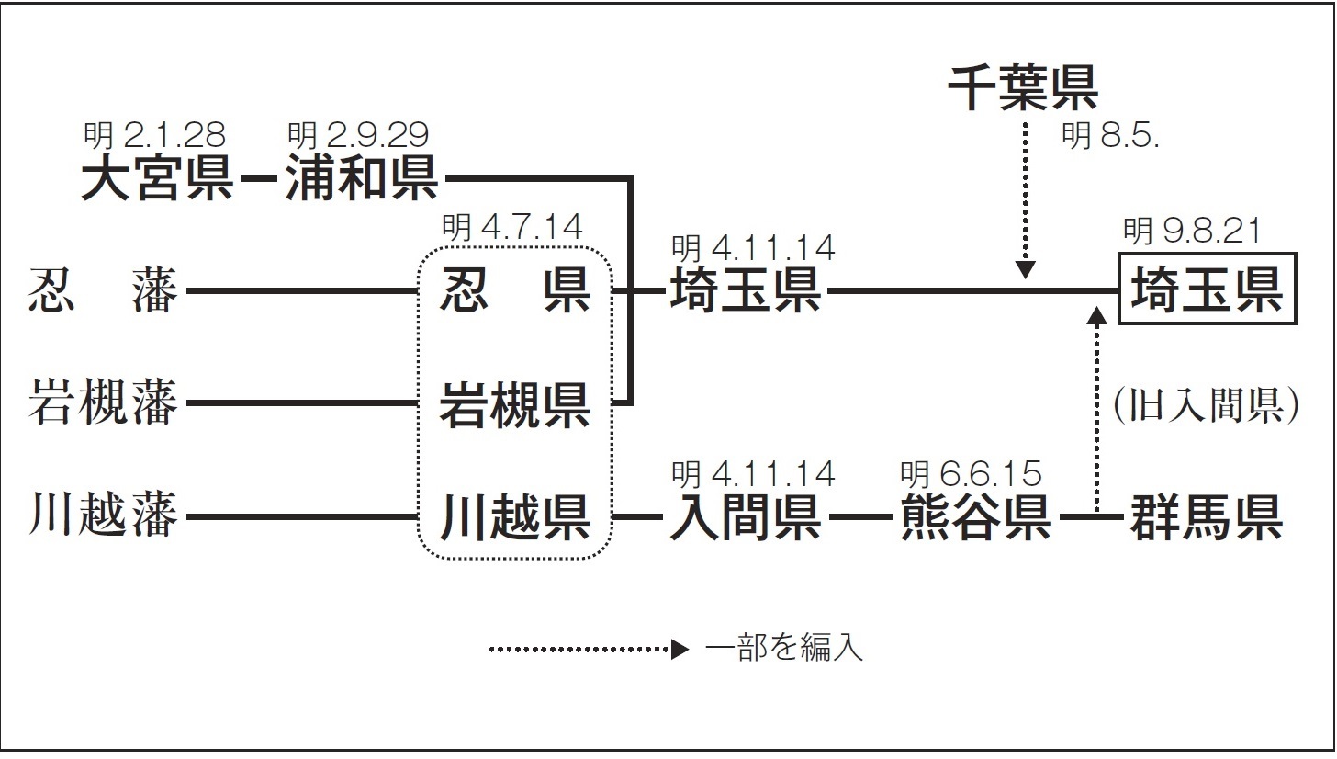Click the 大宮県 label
(x=156, y=178)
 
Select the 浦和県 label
(x=362, y=178)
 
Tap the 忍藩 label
(x=103, y=290)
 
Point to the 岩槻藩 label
(x=103, y=402)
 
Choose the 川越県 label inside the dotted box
(x=515, y=516)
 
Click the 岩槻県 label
(x=515, y=405)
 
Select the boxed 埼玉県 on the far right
(x=1207, y=289)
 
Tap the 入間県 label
(x=745, y=516)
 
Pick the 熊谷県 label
(x=975, y=516)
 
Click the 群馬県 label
(x=1207, y=516)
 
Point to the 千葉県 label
(x=1023, y=88)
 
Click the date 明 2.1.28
(x=154, y=135)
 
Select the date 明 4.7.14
(x=512, y=227)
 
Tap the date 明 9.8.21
(x=1192, y=231)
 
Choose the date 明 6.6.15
(x=972, y=474)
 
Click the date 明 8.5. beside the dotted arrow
(x=1111, y=135)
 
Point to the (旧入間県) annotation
(x=1207, y=405)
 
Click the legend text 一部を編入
(x=783, y=649)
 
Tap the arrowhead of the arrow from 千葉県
(x=1025, y=270)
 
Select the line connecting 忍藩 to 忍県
(x=302, y=290)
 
